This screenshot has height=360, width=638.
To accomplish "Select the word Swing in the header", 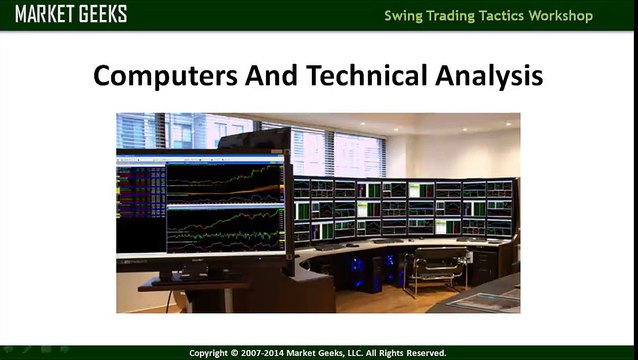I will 408,16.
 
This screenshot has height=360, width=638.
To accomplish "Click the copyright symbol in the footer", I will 236,353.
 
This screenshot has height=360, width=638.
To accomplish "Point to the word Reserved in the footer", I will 423,353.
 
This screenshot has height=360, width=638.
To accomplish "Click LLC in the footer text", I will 356,353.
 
